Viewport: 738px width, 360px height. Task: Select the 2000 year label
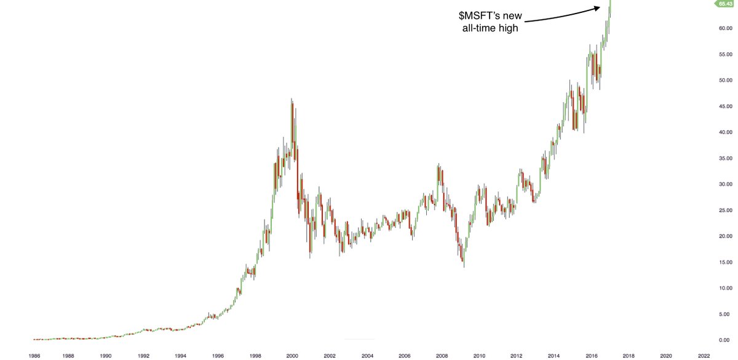click(292, 355)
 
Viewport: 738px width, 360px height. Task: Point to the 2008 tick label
click(442, 355)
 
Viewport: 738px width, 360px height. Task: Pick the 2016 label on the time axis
click(591, 355)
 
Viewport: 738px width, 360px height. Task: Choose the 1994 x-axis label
click(180, 355)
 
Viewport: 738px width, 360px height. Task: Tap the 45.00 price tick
click(723, 106)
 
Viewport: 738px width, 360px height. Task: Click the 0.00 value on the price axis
click(724, 340)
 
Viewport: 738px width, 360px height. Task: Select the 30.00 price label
click(723, 184)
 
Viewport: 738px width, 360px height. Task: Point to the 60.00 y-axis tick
click(723, 28)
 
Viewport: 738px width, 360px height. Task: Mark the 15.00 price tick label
click(723, 262)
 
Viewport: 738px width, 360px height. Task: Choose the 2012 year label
click(517, 355)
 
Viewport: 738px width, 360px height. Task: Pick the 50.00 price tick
click(723, 80)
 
